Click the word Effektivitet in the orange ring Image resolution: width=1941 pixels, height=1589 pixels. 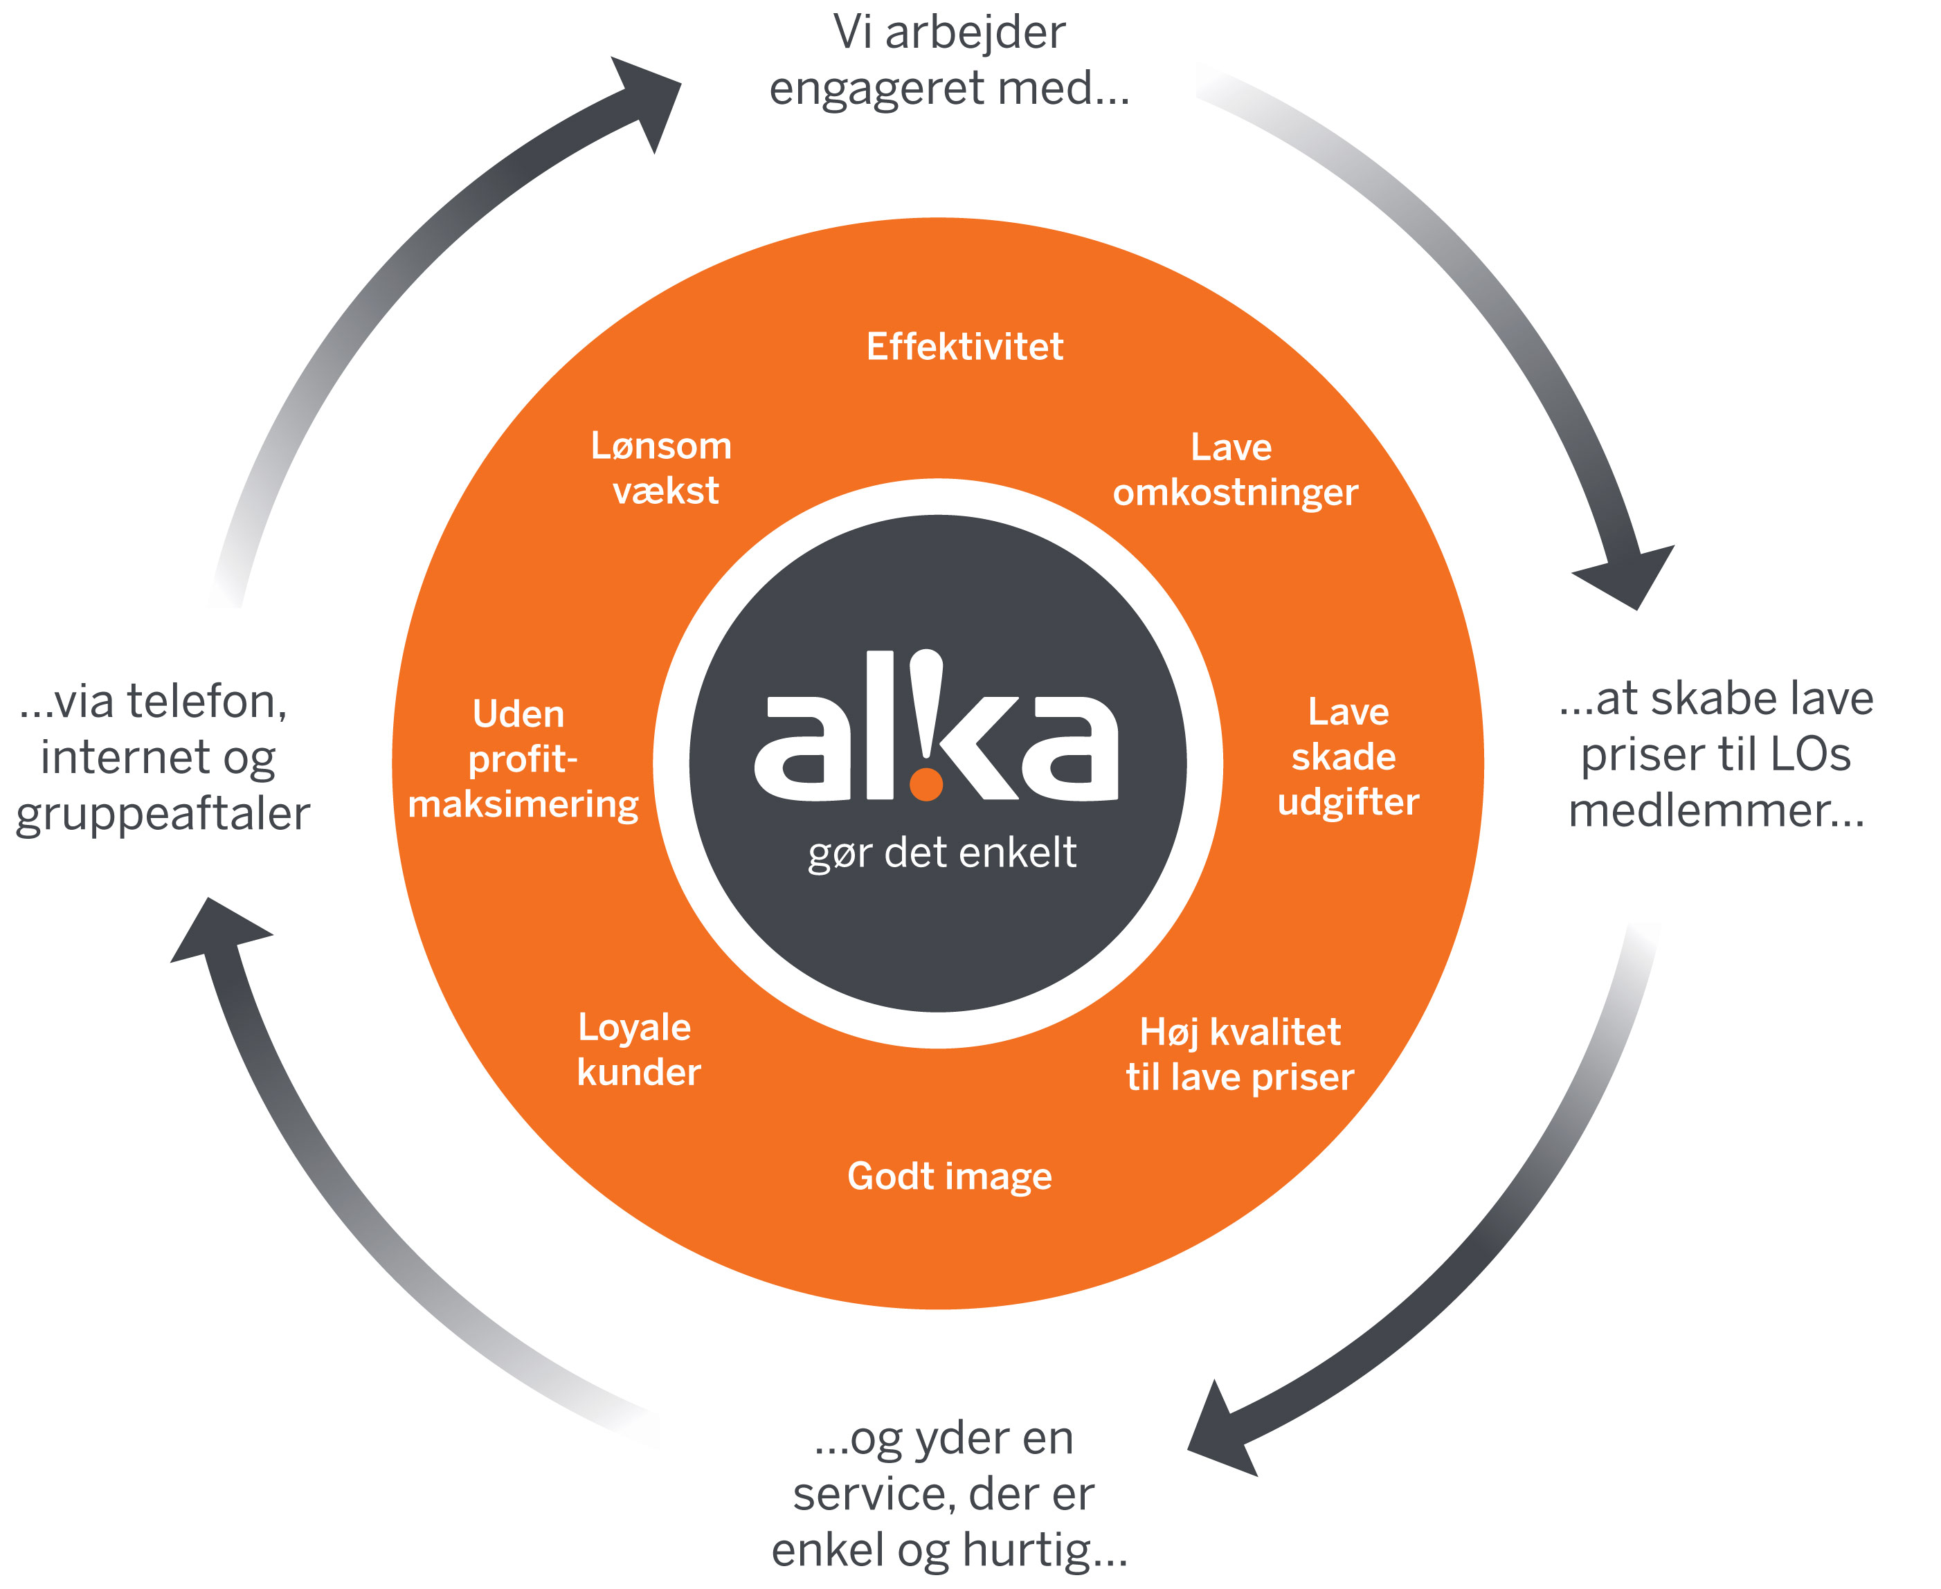pyautogui.click(x=965, y=347)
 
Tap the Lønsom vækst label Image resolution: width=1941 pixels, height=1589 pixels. pyautogui.click(x=662, y=468)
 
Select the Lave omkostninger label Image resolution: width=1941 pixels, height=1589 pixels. pyautogui.click(x=1235, y=469)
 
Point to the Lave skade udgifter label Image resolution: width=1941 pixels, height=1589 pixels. pyautogui.click(x=1348, y=756)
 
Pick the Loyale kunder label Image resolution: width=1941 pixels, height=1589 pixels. pyautogui.click(x=638, y=1050)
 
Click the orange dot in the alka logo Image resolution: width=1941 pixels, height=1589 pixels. pyautogui.click(x=927, y=784)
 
